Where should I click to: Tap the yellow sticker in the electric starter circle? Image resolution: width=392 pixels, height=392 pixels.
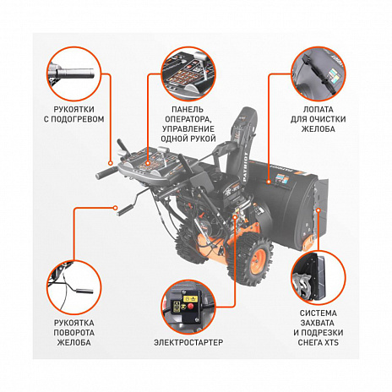tap(180, 299)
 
